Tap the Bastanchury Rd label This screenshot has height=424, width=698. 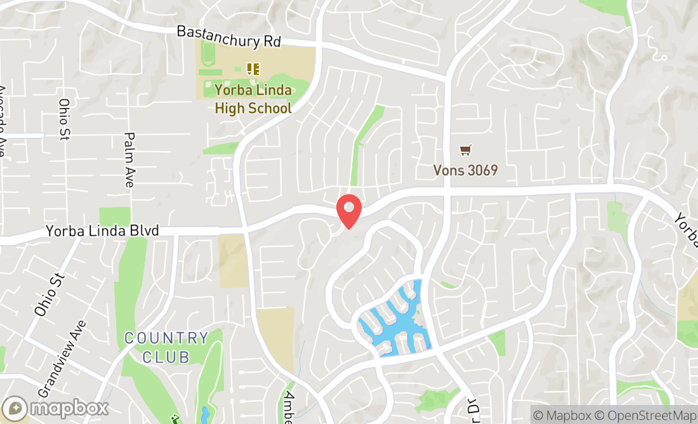[x=228, y=37]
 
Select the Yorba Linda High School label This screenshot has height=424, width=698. [x=253, y=99]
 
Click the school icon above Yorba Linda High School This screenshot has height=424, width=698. [x=253, y=69]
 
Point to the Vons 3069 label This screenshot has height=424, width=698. [x=465, y=170]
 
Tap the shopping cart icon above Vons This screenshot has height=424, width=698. [x=466, y=150]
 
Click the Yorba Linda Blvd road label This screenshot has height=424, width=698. [x=102, y=231]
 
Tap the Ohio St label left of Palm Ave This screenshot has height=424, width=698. [x=64, y=119]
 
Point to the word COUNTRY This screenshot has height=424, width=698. [x=166, y=338]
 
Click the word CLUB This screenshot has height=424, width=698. [x=166, y=357]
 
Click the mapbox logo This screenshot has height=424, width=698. [x=55, y=407]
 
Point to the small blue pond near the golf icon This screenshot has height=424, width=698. [x=204, y=416]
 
